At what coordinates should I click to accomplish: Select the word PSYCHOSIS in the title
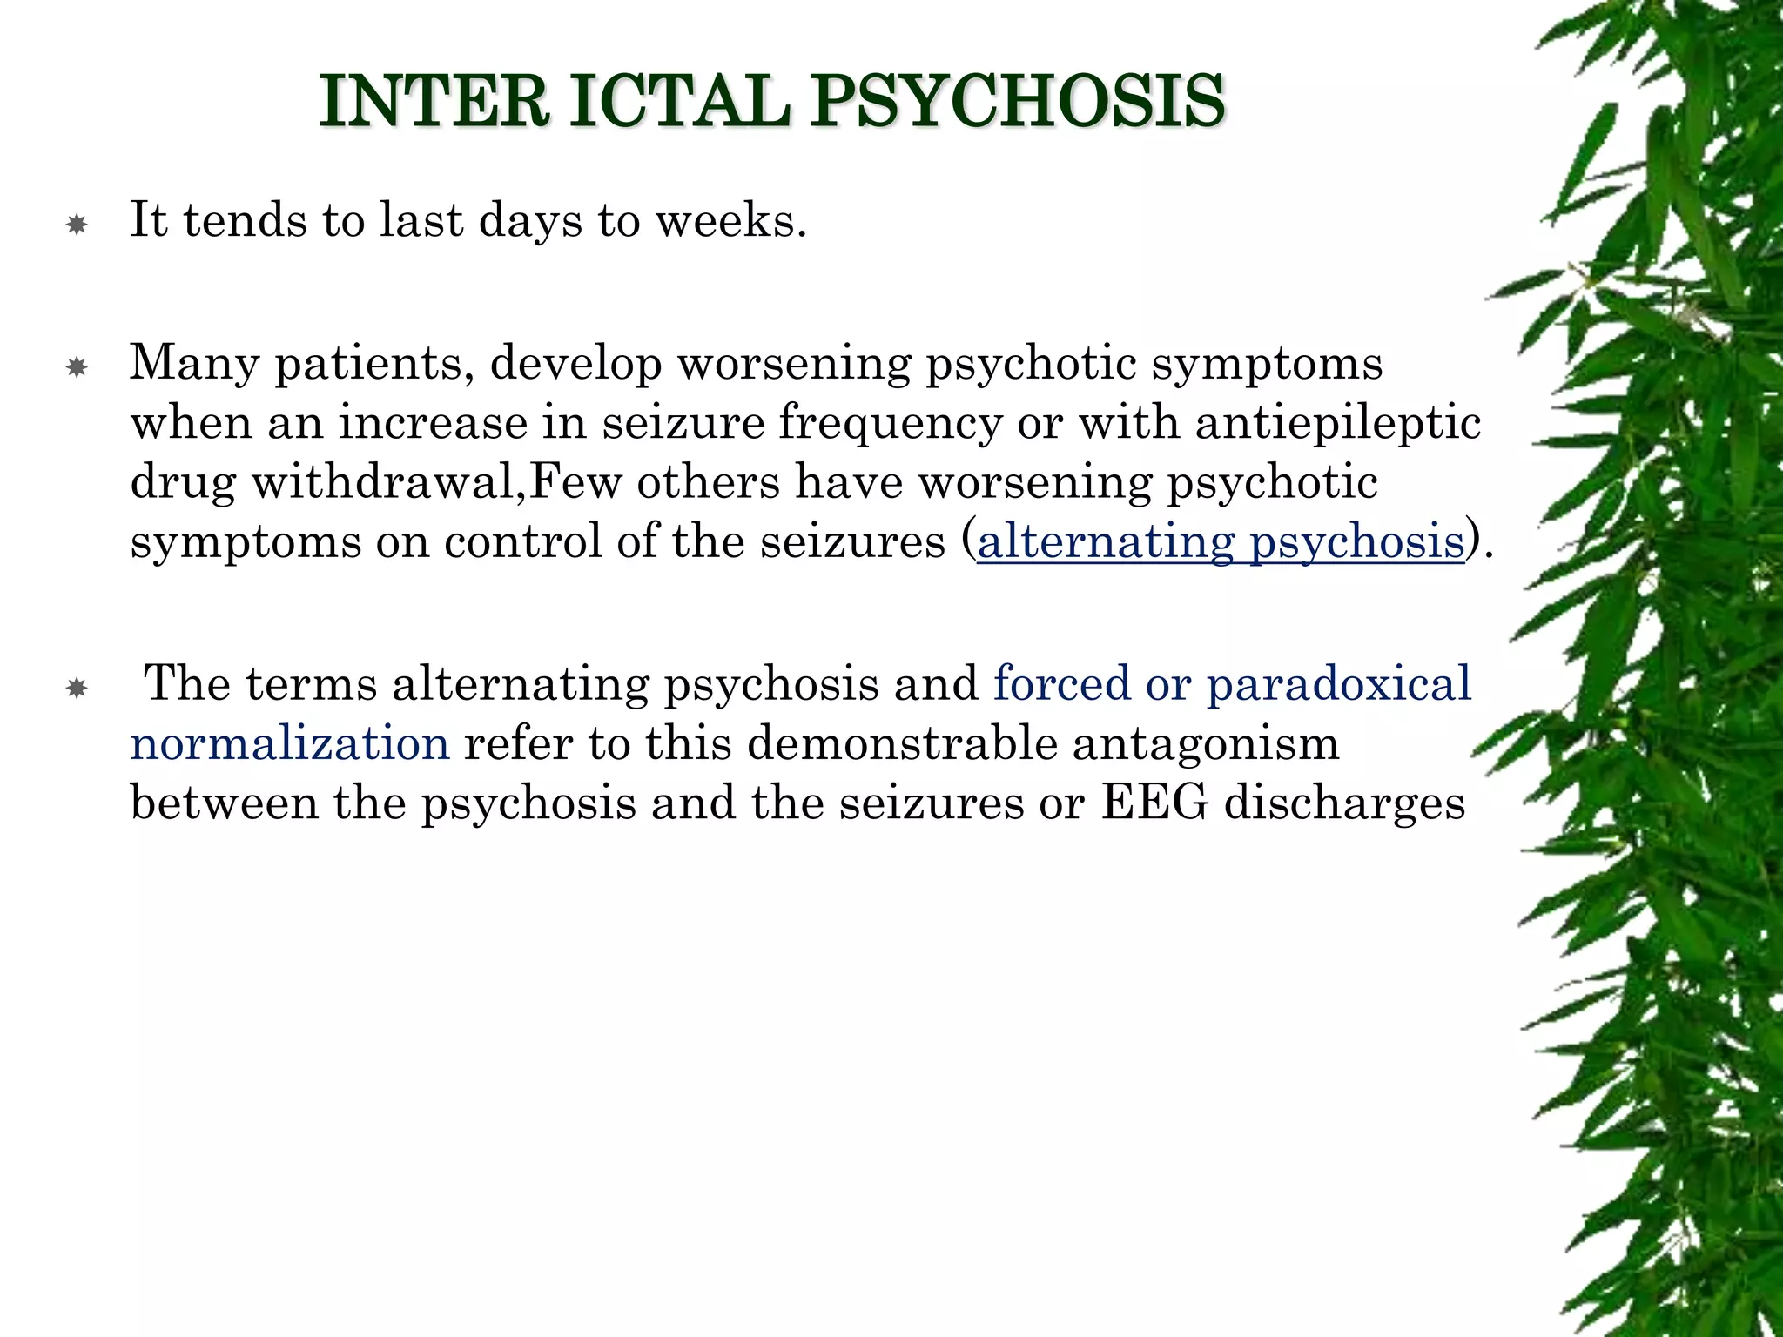pyautogui.click(x=1018, y=102)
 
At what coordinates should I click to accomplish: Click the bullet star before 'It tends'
pyautogui.click(x=77, y=226)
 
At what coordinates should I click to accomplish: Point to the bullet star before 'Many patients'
pyautogui.click(x=77, y=369)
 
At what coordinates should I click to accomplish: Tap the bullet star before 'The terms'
pyautogui.click(x=77, y=690)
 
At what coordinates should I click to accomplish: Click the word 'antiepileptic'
pyautogui.click(x=1337, y=424)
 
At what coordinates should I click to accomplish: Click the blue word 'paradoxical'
pyautogui.click(x=1338, y=684)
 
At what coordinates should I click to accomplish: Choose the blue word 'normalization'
pyautogui.click(x=290, y=743)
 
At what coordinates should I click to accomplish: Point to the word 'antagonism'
pyautogui.click(x=1205, y=743)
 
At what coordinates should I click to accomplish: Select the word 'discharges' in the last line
pyautogui.click(x=1344, y=803)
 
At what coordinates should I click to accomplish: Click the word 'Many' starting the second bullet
pyautogui.click(x=194, y=363)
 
